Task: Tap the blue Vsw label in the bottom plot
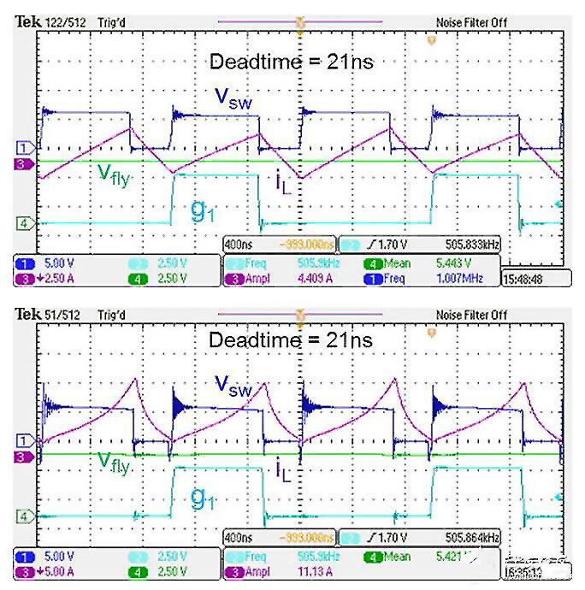point(233,387)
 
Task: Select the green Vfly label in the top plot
point(115,174)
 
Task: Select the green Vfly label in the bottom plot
point(115,463)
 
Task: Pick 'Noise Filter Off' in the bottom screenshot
point(471,316)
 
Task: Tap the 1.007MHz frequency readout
point(467,278)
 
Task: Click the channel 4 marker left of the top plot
point(25,224)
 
